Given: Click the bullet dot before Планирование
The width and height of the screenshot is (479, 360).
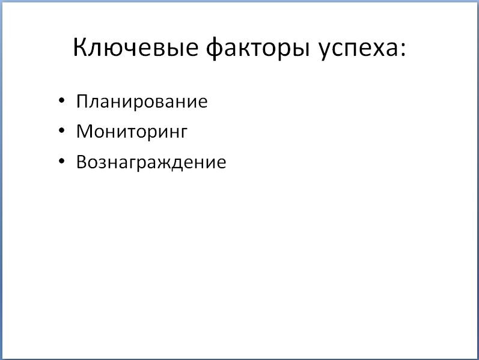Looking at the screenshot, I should (x=61, y=101).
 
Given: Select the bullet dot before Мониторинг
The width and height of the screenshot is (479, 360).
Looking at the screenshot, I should (x=61, y=132).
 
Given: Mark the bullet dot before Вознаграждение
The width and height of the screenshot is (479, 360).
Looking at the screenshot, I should (x=61, y=162).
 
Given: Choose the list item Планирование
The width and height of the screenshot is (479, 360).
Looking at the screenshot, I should (x=142, y=101).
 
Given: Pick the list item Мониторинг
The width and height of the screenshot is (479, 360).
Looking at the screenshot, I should (x=132, y=132).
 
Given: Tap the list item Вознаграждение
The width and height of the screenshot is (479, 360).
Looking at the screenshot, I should (x=151, y=162).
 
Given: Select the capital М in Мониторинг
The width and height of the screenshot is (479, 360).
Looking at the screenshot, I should (x=84, y=131).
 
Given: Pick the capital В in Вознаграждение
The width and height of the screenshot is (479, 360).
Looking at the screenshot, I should (x=82, y=162).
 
